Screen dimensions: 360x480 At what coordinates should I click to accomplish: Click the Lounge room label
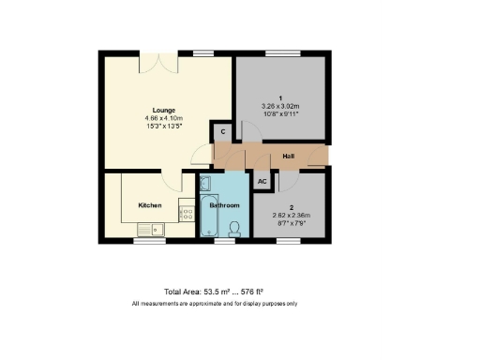point(164,110)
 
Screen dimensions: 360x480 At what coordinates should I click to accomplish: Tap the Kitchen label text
point(150,205)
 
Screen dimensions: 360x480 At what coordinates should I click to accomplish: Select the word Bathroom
point(224,205)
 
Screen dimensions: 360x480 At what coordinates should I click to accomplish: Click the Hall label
point(290,157)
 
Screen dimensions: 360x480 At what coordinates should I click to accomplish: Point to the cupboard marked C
point(222,133)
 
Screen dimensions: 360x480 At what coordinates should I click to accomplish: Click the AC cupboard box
point(262,181)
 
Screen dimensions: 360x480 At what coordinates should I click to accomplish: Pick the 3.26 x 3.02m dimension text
point(281,106)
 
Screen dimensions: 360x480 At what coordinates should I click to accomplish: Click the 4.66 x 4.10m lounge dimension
point(164,118)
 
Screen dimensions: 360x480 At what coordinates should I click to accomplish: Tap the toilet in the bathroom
point(235,227)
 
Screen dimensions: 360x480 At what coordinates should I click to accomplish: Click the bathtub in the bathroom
point(208,215)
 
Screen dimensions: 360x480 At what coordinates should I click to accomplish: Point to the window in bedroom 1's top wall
point(281,54)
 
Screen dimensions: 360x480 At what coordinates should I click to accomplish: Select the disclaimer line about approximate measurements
point(214,304)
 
